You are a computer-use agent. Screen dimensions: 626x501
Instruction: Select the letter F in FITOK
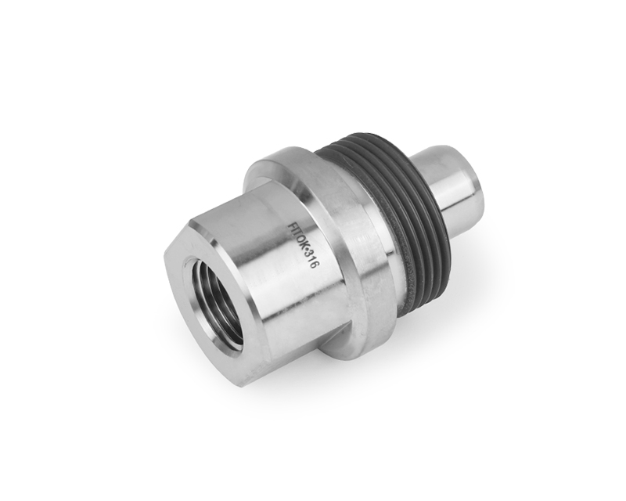coord(291,225)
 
